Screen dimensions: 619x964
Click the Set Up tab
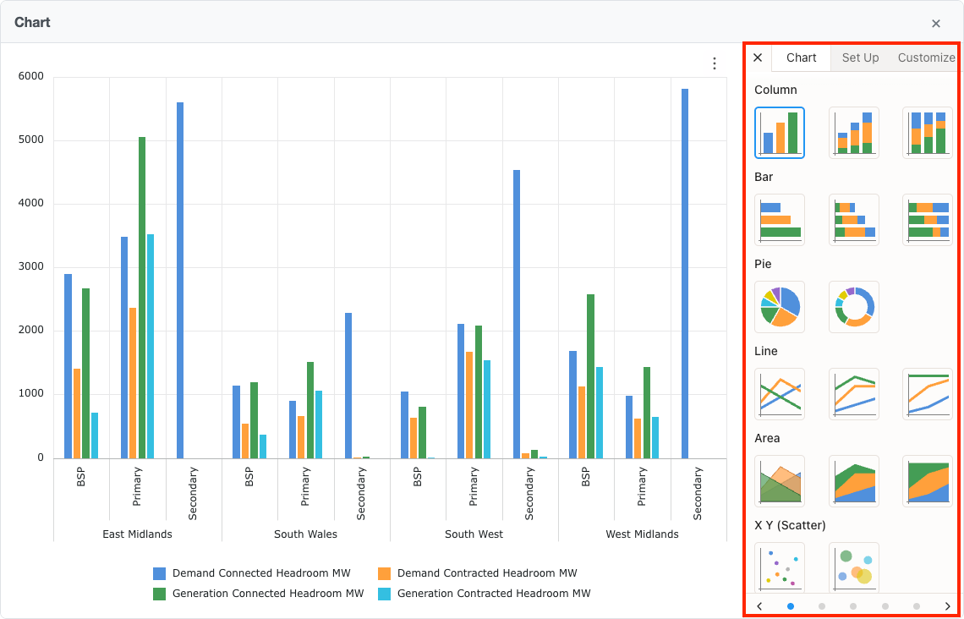point(860,58)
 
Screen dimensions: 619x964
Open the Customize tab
point(926,58)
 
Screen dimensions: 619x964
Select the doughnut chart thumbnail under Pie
point(854,306)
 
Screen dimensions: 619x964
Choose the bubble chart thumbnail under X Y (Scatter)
point(854,567)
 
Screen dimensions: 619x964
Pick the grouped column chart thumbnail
point(780,133)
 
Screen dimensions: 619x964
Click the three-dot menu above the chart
point(715,63)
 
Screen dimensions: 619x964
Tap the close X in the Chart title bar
point(936,24)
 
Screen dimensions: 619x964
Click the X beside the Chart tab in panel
point(758,58)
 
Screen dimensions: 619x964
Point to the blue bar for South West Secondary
point(517,314)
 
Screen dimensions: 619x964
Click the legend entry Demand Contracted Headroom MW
point(486,573)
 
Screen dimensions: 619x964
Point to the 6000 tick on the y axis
point(30,77)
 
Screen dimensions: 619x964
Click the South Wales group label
point(305,534)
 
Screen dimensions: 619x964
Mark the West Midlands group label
point(642,534)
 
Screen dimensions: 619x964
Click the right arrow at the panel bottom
point(948,606)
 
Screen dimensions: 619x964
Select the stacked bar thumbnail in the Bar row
point(854,220)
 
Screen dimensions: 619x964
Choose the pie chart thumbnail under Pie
point(780,306)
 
